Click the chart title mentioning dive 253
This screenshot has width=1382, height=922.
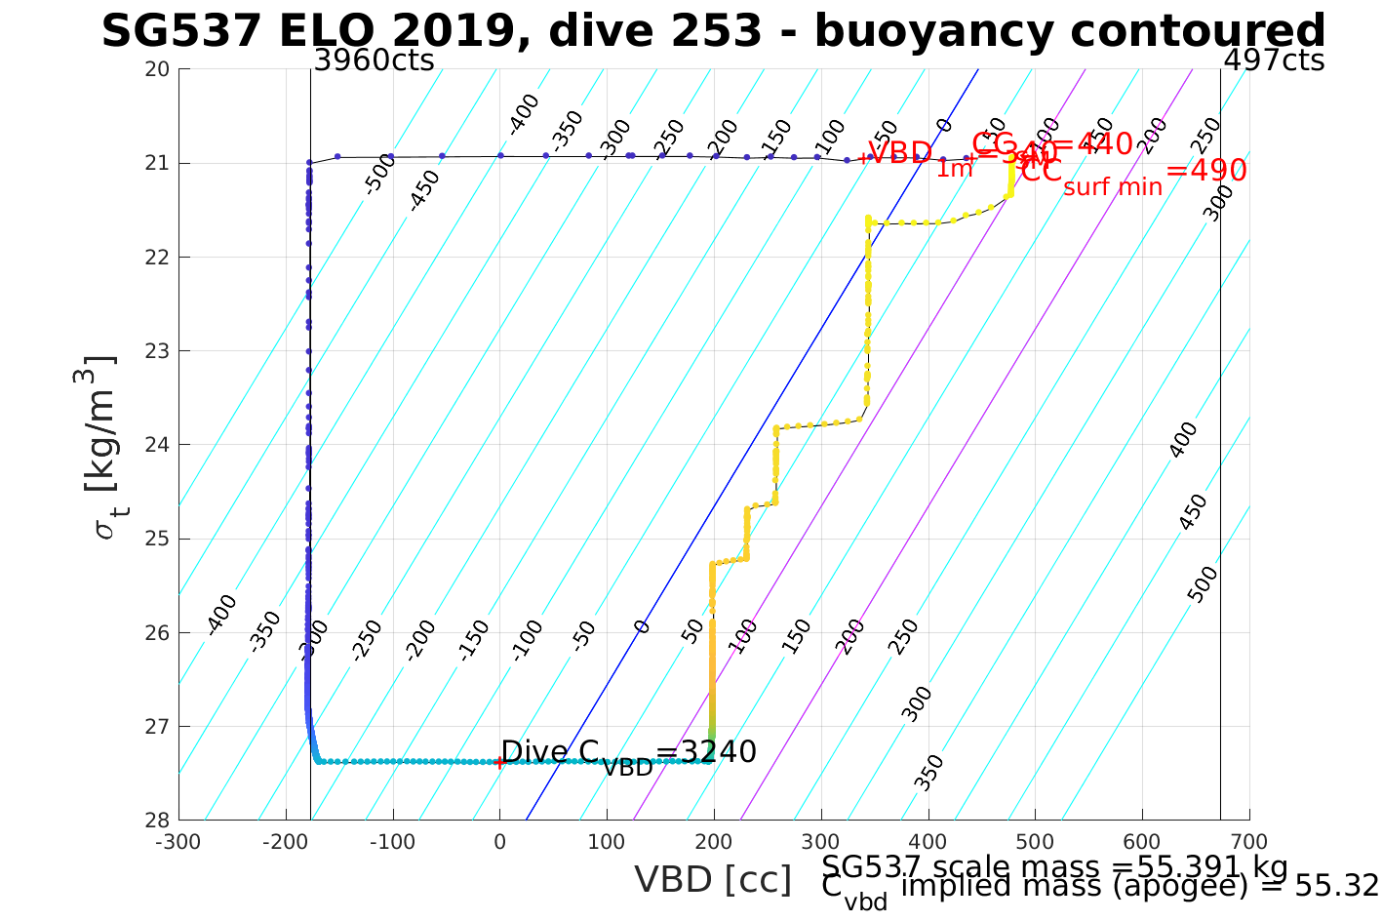coord(713,32)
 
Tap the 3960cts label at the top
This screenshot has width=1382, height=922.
coord(374,61)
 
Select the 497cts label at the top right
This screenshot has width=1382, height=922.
coord(1274,61)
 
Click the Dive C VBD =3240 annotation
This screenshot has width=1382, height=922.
coord(628,754)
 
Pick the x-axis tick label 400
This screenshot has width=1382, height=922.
coord(928,842)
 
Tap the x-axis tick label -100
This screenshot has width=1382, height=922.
coord(392,842)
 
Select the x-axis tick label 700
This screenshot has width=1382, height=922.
coord(1249,842)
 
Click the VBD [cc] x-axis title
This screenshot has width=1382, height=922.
coord(713,880)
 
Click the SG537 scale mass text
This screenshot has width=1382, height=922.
coord(1055,867)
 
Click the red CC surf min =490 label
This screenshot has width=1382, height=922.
coord(1134,174)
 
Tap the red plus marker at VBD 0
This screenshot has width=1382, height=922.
coord(499,763)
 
